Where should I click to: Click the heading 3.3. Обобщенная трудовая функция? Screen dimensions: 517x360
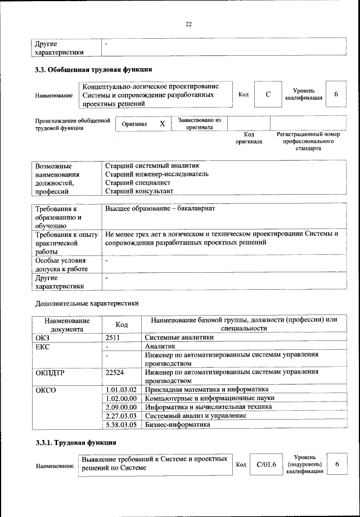(x=93, y=70)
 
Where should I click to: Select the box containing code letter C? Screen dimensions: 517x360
(x=268, y=95)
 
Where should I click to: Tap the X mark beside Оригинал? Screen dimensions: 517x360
(x=162, y=124)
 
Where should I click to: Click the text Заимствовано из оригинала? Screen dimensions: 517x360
(x=199, y=123)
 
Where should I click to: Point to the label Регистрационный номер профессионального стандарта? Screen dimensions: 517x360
(x=309, y=142)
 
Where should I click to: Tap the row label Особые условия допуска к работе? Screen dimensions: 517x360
(x=61, y=265)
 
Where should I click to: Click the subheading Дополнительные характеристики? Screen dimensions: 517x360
(x=87, y=303)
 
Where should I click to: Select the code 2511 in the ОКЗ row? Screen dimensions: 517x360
(x=114, y=338)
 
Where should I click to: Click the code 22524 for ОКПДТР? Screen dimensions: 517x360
(x=115, y=372)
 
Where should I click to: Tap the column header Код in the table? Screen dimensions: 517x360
(x=121, y=325)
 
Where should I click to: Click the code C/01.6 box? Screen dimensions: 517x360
(x=265, y=464)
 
